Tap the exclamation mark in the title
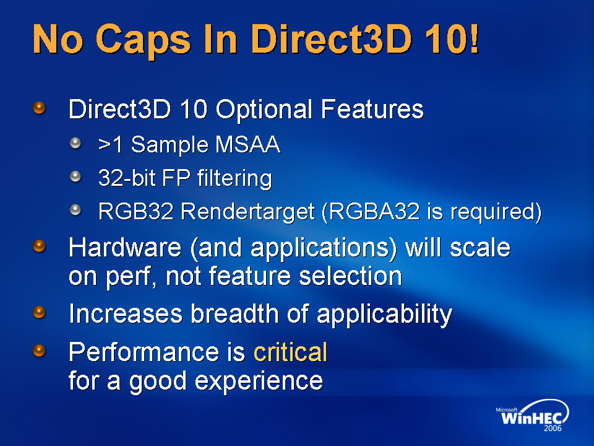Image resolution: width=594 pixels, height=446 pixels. coord(473,38)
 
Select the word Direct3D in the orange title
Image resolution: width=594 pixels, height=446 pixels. coord(332,38)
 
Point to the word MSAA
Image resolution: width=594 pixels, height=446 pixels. coord(247,144)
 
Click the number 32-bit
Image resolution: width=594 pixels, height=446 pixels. coord(126,178)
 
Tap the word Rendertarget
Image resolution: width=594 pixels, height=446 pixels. coord(247,211)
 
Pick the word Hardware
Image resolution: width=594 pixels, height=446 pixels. coord(125,248)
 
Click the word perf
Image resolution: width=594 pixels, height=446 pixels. coord(131,276)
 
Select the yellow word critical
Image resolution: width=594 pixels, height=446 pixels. coord(290,352)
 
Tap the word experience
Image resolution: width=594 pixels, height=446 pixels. coord(259,381)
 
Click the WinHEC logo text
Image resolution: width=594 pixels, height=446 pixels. coord(531,418)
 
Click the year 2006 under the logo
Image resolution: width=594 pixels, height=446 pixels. coord(553,428)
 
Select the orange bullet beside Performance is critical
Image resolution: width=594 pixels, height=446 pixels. coord(39,351)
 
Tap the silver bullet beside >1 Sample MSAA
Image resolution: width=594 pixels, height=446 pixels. coord(75,143)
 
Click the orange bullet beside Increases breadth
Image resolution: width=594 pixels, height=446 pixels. coord(39,312)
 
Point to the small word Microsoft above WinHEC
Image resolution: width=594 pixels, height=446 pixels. coord(507,409)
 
